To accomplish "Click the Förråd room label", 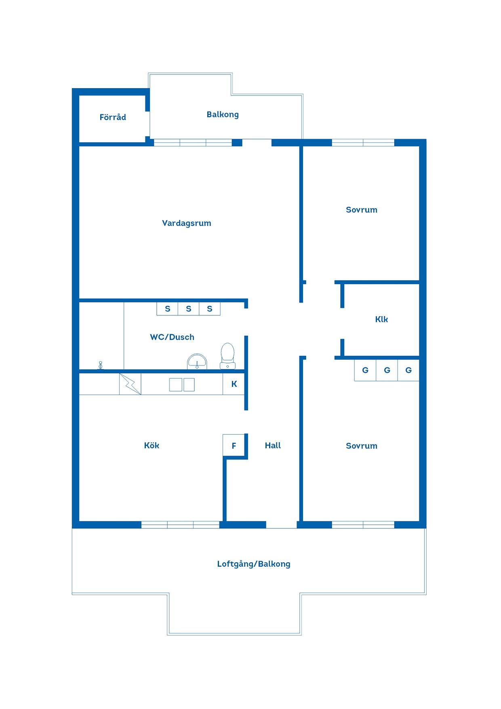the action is [113, 117].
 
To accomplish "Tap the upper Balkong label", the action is [223, 114].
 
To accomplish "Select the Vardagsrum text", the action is [187, 223].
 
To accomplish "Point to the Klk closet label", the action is [381, 319].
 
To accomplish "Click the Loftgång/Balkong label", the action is [254, 564].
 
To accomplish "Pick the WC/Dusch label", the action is [172, 337].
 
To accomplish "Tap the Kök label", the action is [152, 445].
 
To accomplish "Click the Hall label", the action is [273, 445].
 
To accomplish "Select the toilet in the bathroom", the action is [227, 356].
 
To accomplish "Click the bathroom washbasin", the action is [197, 361].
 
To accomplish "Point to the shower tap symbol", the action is [101, 365].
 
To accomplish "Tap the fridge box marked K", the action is [234, 384].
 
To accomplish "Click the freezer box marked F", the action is [234, 446].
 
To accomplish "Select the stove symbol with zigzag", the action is [130, 384].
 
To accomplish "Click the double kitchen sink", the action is [182, 385].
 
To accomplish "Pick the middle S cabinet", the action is [189, 309].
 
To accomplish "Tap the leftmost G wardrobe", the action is [365, 370].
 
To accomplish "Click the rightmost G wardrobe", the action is [408, 370].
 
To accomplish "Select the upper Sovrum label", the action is [362, 210].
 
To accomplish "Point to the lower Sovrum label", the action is [362, 446].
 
